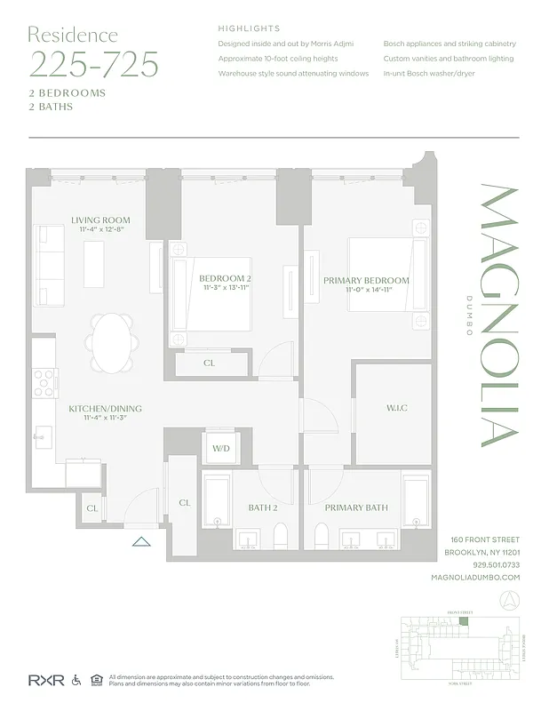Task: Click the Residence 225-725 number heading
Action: (93, 64)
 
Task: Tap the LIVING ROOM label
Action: (100, 220)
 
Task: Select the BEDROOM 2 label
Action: (225, 279)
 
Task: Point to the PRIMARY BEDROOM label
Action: (366, 281)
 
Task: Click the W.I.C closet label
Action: (396, 408)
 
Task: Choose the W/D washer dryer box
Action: (220, 449)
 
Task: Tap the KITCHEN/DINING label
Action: (105, 409)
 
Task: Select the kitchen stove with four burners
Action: (45, 382)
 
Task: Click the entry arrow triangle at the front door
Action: (140, 539)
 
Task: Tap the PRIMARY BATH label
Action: (355, 507)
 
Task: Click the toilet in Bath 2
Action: (281, 536)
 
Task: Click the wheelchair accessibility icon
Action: (76, 680)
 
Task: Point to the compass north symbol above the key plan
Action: (509, 601)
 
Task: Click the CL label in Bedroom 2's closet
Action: (209, 363)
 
